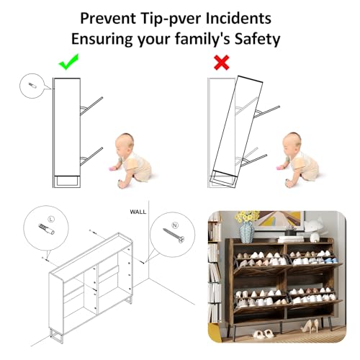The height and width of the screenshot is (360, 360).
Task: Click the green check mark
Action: [68, 63]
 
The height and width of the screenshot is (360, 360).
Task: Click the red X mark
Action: [222, 63]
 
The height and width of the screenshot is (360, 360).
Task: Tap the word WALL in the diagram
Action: [138, 212]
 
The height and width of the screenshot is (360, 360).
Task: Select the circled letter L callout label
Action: [51, 219]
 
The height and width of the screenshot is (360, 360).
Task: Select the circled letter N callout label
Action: [175, 225]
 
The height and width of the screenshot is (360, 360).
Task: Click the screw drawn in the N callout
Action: [174, 235]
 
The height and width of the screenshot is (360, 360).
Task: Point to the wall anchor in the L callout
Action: [46, 229]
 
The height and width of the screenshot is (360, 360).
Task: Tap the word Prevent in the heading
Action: [108, 18]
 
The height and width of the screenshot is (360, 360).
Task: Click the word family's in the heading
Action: [203, 39]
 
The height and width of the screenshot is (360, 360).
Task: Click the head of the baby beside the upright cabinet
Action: [125, 144]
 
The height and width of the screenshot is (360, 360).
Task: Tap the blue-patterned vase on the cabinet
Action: [247, 233]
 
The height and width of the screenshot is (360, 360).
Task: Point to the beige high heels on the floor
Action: [310, 327]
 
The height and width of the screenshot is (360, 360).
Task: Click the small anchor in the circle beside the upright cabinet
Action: [32, 86]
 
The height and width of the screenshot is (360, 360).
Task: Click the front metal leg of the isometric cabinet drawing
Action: [57, 336]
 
